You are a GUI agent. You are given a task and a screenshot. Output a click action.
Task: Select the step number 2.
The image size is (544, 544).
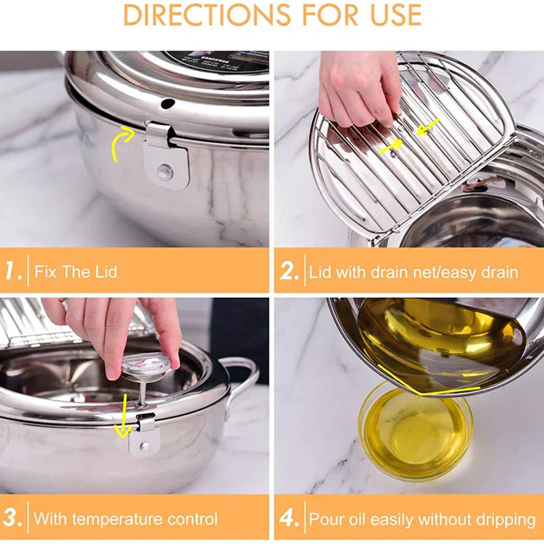(x=289, y=272)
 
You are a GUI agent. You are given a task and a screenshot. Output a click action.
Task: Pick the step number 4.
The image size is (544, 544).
(x=289, y=519)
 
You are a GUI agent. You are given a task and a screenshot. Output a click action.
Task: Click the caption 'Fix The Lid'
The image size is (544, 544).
(x=75, y=273)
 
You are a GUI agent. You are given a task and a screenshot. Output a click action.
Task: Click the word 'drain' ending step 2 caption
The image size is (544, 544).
(x=500, y=273)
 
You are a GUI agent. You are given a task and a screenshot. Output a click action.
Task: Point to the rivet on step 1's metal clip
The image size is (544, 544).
(x=165, y=172)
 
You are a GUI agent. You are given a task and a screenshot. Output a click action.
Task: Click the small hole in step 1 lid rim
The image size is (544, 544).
(x=167, y=103)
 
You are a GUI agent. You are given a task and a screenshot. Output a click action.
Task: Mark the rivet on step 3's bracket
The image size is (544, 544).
(x=144, y=447)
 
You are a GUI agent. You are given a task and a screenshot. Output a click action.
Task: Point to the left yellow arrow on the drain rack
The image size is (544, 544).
(x=390, y=145)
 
